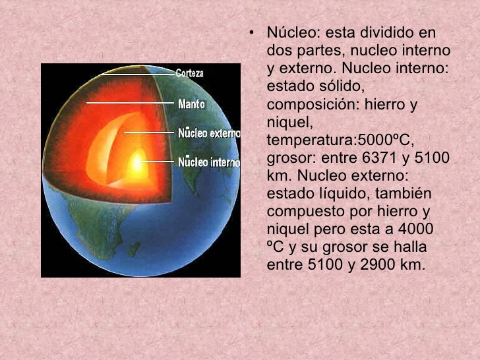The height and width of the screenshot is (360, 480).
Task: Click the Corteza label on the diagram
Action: tap(189, 73)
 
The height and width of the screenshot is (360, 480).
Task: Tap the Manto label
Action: tap(192, 104)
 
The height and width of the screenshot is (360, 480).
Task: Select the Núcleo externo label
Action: tap(209, 133)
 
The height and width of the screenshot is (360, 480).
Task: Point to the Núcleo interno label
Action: tap(209, 162)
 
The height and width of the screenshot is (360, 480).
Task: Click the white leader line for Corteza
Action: tap(138, 75)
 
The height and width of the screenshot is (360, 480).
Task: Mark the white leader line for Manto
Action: tap(130, 103)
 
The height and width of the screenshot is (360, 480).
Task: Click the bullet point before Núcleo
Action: tap(251, 32)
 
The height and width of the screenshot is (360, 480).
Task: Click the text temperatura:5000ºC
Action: tap(340, 140)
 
